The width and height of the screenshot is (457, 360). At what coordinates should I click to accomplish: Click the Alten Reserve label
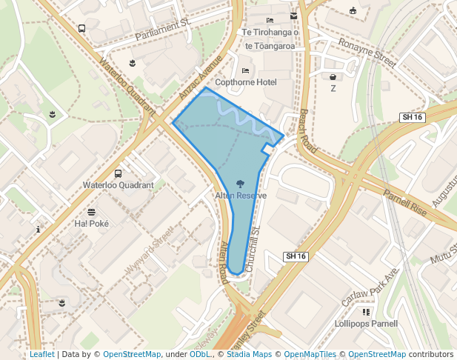[241, 195]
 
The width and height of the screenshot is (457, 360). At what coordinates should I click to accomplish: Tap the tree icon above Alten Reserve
[241, 183]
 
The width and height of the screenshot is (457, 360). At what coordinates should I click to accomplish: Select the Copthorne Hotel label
[245, 82]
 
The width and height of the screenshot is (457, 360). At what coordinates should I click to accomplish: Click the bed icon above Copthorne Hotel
[245, 70]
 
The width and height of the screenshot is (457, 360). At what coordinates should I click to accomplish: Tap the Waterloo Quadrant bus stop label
[119, 185]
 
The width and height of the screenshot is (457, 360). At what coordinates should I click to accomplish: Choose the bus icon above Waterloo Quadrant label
[119, 173]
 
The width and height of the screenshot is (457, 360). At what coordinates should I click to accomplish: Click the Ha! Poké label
[91, 223]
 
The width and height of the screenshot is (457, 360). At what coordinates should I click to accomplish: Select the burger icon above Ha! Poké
[91, 212]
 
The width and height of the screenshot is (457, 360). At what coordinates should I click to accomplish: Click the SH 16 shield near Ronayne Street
[412, 118]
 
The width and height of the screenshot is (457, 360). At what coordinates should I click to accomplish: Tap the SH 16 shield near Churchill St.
[296, 256]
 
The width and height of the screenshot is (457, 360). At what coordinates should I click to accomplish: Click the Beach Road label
[308, 132]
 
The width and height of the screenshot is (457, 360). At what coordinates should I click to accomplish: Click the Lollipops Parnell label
[366, 324]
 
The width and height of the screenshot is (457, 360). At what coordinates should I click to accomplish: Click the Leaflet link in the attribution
[41, 354]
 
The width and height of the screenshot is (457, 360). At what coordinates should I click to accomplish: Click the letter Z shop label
[333, 88]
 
